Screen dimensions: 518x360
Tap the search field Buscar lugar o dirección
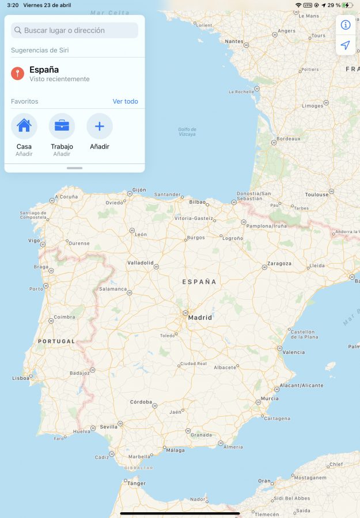tap(74, 30)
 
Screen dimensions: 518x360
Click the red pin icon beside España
tap(17, 74)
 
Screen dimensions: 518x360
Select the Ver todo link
tap(125, 101)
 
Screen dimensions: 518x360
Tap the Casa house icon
tap(24, 126)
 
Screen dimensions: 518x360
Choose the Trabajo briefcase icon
tap(62, 126)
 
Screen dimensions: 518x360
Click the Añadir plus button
tap(100, 126)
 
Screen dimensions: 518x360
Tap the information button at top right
tap(346, 25)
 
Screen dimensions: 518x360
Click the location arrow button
tap(346, 45)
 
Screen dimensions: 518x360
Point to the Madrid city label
tap(200, 317)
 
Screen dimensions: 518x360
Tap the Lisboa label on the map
tap(21, 378)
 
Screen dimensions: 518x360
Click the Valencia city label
tap(294, 352)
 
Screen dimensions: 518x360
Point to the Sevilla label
tap(108, 427)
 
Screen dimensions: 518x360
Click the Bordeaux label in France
tap(288, 139)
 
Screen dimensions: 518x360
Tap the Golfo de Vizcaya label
tap(187, 132)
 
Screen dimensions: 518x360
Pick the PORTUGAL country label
tap(56, 341)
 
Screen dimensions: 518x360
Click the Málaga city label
tap(175, 450)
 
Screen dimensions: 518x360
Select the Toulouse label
tap(316, 195)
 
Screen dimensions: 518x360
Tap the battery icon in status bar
tap(346, 5)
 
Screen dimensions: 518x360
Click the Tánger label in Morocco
tap(136, 483)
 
